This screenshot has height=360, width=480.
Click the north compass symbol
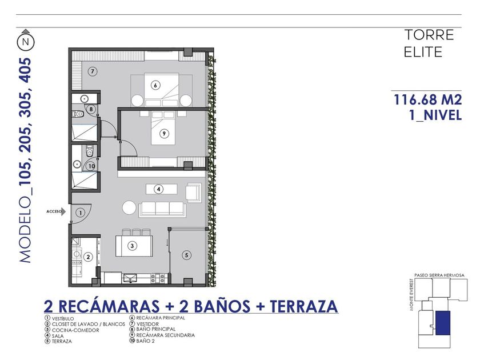(26, 41)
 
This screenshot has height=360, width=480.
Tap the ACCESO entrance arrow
(63, 211)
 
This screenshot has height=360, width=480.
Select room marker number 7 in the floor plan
(93, 71)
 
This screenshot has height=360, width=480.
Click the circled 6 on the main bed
(155, 85)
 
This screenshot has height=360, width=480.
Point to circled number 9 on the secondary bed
(165, 134)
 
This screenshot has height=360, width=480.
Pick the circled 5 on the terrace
(186, 255)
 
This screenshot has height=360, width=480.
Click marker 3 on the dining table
(132, 246)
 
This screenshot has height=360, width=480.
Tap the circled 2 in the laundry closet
(88, 257)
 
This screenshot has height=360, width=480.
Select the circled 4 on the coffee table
(159, 189)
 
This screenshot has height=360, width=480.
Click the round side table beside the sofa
(129, 207)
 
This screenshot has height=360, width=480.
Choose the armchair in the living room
(193, 193)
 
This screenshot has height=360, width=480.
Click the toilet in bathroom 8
(78, 114)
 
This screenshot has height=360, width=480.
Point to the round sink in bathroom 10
(77, 165)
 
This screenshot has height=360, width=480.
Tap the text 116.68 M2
(427, 100)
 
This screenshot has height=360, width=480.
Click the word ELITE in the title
(423, 52)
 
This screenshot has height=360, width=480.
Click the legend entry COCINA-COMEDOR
(75, 330)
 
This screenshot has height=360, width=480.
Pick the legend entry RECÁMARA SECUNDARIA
(165, 335)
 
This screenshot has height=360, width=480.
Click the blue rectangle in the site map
(443, 323)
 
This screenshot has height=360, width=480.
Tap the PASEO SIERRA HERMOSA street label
(439, 275)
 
